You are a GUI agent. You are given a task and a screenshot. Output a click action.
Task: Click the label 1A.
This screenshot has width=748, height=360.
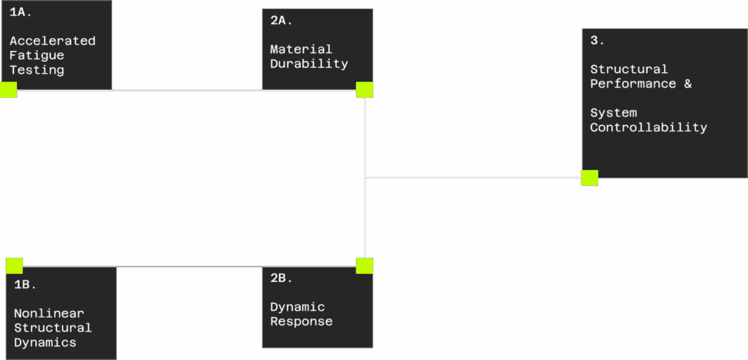pyautogui.click(x=21, y=12)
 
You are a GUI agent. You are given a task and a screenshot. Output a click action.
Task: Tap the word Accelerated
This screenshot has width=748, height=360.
pyautogui.click(x=53, y=41)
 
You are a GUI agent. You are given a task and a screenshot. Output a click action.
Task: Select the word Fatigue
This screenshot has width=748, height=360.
pyautogui.click(x=37, y=55)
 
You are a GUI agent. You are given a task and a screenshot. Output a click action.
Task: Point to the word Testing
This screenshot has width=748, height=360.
pyautogui.click(x=37, y=70)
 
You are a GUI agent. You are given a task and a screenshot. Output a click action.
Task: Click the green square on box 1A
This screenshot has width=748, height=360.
pyautogui.click(x=8, y=90)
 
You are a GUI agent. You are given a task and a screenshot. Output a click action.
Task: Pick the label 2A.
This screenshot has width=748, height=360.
pyautogui.click(x=281, y=21)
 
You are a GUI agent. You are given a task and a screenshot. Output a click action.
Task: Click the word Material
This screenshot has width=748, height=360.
pyautogui.click(x=301, y=49)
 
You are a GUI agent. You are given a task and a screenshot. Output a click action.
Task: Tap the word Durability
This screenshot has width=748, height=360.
pyautogui.click(x=309, y=64)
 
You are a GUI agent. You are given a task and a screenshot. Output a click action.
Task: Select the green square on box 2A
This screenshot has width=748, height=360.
pyautogui.click(x=365, y=90)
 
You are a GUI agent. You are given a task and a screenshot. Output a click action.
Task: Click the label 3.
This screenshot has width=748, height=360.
pyautogui.click(x=598, y=41)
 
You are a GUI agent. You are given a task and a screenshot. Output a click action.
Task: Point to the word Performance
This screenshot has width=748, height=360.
pyautogui.click(x=633, y=84)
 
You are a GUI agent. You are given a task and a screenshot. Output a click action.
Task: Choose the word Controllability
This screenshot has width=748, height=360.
pyautogui.click(x=649, y=128)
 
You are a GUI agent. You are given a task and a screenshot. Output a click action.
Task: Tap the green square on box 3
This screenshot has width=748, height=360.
pyautogui.click(x=589, y=178)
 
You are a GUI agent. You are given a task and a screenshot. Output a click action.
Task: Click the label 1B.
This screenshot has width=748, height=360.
pyautogui.click(x=26, y=285)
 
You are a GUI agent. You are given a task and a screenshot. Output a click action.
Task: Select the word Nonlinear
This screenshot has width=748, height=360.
pyautogui.click(x=49, y=313)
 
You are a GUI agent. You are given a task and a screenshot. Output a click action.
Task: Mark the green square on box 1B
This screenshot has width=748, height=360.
pyautogui.click(x=15, y=266)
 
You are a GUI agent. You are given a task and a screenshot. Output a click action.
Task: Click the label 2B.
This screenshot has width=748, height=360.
pyautogui.click(x=281, y=278)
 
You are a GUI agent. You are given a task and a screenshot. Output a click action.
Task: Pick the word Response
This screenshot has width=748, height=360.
pyautogui.click(x=301, y=321)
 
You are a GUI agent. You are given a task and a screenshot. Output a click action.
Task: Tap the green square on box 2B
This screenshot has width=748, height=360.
pyautogui.click(x=365, y=266)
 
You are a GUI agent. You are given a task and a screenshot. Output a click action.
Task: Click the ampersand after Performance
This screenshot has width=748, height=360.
pyautogui.click(x=687, y=84)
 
